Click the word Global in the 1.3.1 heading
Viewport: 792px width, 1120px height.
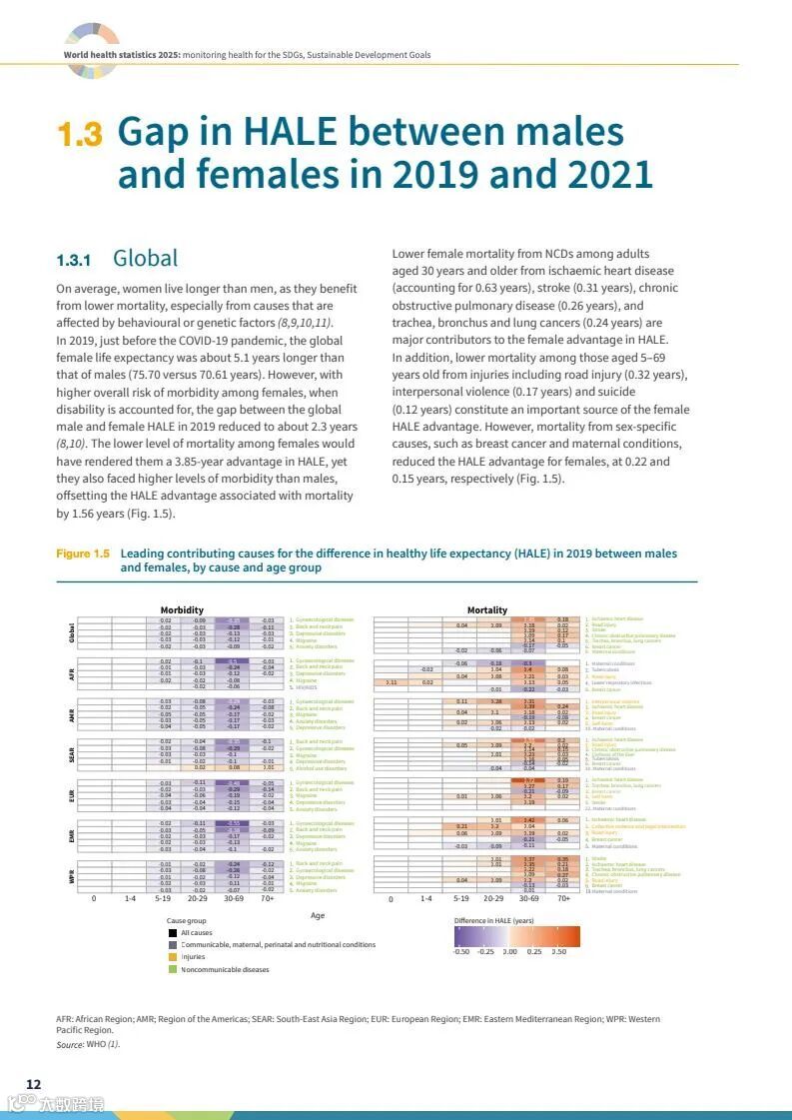146,259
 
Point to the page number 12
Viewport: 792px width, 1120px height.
33,1084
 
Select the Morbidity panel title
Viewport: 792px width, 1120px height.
182,609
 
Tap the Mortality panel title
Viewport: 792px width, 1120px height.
487,609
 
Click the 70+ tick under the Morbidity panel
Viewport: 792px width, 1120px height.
267,898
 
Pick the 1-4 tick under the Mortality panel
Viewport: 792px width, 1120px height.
426,898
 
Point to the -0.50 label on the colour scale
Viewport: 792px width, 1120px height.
460,951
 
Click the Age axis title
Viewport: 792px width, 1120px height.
318,914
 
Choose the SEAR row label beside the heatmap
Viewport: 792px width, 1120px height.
72,754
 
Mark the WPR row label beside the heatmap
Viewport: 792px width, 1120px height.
72,874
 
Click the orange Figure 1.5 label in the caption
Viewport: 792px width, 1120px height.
83,554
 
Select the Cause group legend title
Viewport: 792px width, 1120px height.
187,920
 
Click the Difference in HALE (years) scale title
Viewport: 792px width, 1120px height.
493,920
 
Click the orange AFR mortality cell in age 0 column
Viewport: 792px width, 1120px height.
391,682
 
